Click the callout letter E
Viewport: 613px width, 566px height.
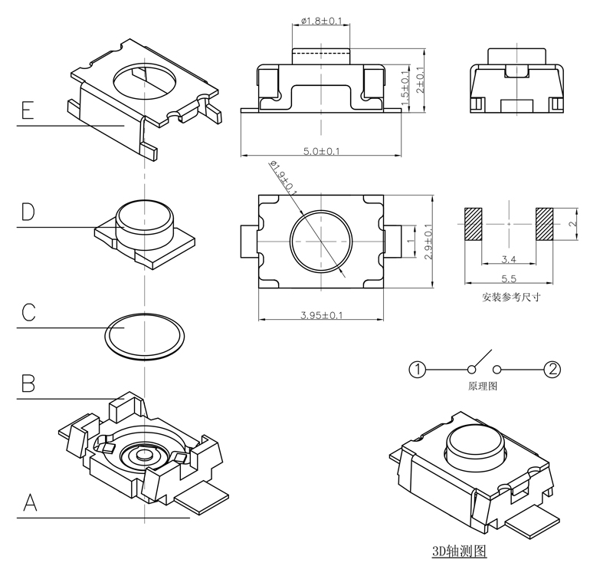point(27,113)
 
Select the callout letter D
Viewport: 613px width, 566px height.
point(28,212)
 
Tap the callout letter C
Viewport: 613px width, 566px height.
point(28,313)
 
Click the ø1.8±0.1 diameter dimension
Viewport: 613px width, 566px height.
point(321,21)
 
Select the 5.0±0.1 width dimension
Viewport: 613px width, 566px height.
point(323,152)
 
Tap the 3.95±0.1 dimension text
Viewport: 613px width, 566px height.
point(323,315)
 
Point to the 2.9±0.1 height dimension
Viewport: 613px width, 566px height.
point(428,242)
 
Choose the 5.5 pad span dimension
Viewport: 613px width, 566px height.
point(507,281)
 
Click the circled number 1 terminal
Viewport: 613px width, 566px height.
point(418,370)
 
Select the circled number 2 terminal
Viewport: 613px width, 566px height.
point(552,370)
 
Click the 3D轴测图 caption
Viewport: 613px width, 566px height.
point(459,551)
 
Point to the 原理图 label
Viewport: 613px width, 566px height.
point(484,387)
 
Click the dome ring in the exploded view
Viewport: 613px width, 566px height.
point(144,336)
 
